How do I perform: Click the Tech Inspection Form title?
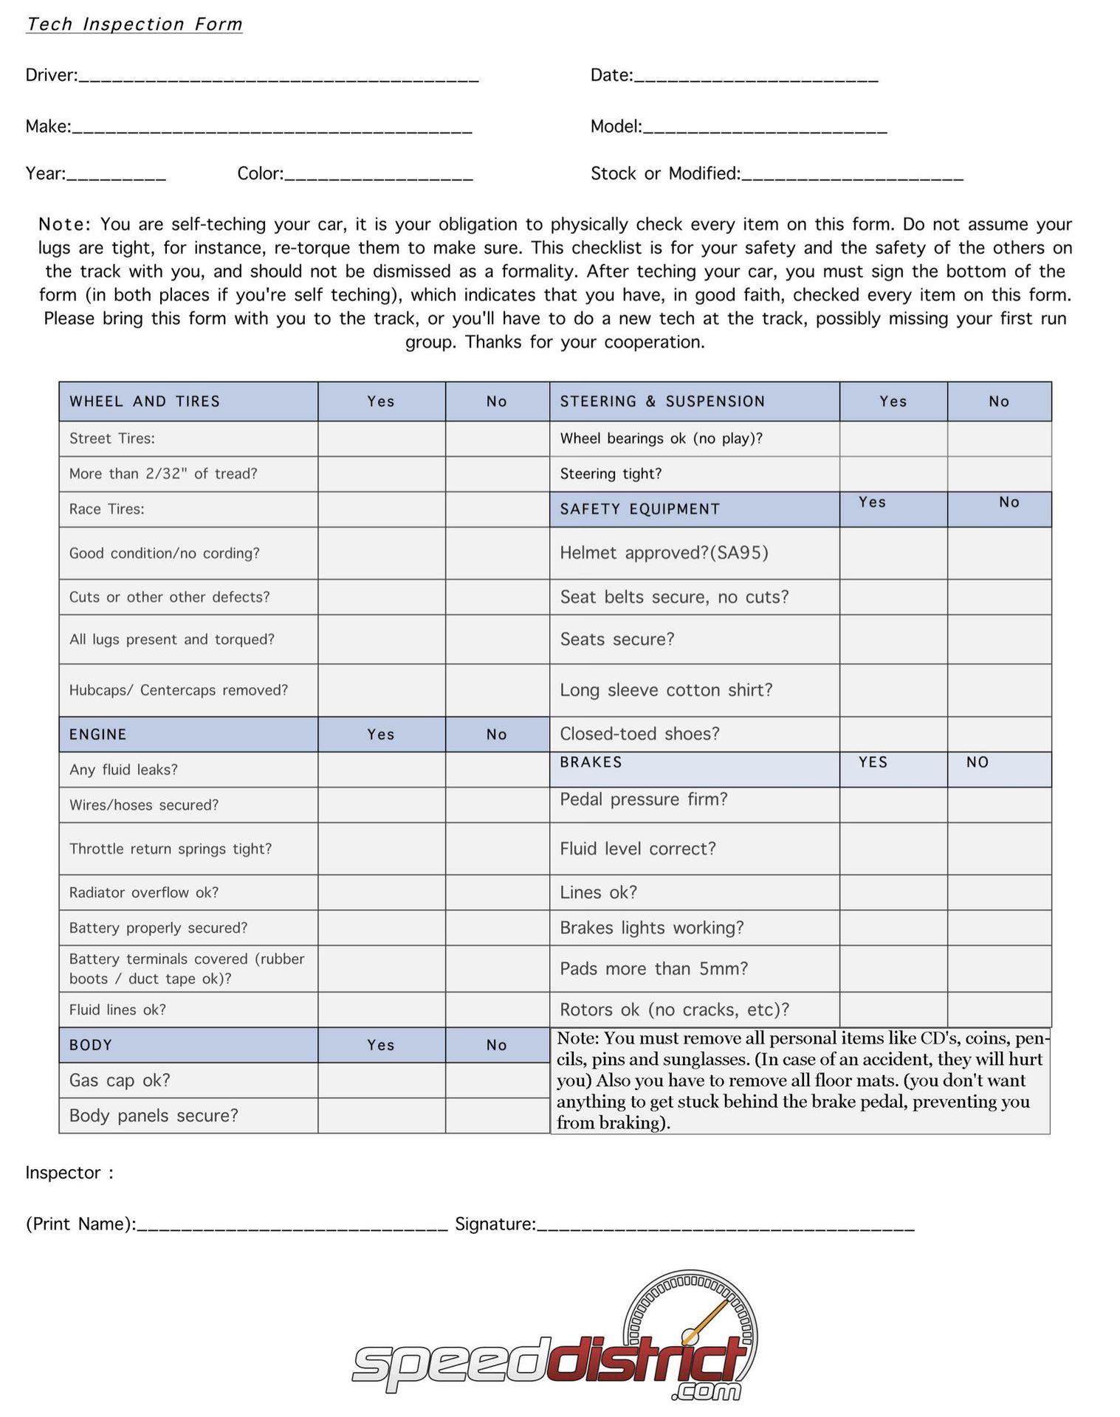point(134,24)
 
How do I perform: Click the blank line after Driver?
point(278,76)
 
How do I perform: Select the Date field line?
point(756,76)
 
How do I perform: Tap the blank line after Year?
point(116,175)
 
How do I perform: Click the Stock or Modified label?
point(665,174)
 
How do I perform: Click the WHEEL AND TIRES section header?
point(145,401)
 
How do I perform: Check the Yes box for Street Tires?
point(381,438)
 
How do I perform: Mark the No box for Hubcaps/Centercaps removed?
point(497,690)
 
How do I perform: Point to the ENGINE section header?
point(98,734)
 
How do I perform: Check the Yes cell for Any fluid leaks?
point(381,770)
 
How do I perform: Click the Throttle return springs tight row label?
point(171,849)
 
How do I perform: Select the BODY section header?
point(91,1045)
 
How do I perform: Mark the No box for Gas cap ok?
point(497,1080)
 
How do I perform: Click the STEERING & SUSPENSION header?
point(662,401)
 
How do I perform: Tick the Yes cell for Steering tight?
point(893,474)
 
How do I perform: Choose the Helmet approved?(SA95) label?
point(664,553)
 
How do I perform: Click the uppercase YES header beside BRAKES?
point(873,762)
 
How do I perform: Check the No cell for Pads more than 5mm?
point(999,968)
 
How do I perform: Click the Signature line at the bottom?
point(725,1224)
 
